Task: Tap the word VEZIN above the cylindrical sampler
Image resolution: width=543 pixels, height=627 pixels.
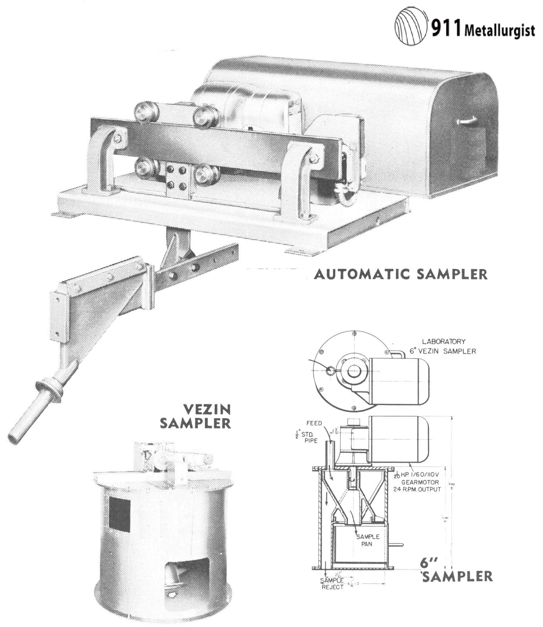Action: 207,410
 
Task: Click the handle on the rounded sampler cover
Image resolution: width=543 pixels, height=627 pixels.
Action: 467,122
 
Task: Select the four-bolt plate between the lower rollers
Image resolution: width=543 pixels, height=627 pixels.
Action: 177,177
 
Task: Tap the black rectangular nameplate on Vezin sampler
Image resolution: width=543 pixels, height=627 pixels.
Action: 120,514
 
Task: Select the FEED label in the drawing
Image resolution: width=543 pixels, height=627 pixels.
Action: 314,424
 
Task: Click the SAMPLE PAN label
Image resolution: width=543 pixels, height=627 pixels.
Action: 367,540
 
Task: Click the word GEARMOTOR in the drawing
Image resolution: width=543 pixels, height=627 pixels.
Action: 419,482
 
